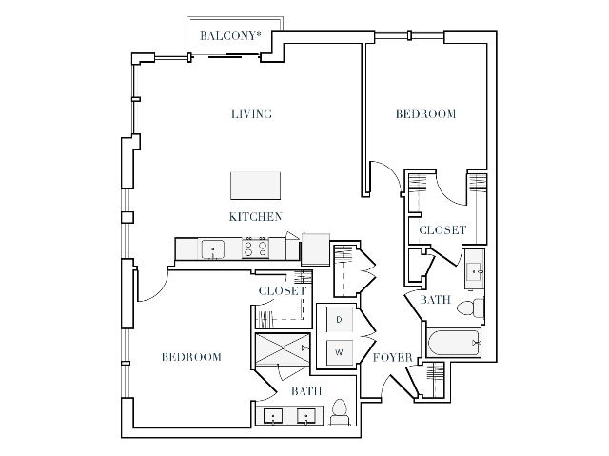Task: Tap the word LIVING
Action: [x=252, y=114]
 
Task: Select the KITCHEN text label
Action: [x=254, y=216]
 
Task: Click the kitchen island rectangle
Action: [x=255, y=185]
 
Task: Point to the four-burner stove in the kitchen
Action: [x=256, y=248]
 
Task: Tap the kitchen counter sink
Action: [x=212, y=249]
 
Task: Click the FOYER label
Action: [x=392, y=358]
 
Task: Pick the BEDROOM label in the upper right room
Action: [x=425, y=114]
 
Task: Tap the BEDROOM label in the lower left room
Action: [x=190, y=357]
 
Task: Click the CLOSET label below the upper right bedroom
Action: [x=442, y=229]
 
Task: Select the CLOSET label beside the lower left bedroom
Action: [x=283, y=290]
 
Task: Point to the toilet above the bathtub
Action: [x=469, y=308]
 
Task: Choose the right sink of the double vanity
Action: [x=307, y=416]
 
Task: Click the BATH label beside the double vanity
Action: [x=305, y=391]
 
